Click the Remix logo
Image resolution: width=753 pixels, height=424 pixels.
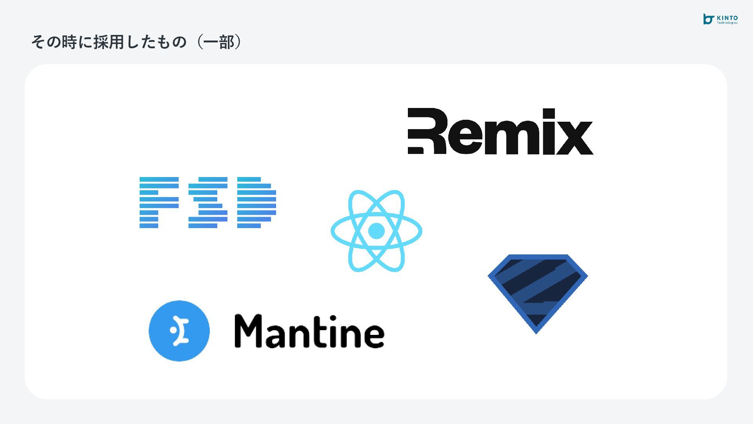pos(500,132)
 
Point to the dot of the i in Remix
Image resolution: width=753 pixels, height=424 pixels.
pos(549,113)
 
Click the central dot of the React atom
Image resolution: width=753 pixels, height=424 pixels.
pos(376,231)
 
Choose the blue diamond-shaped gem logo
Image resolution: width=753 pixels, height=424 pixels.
pos(537,291)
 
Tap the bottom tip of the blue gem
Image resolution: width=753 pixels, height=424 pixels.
pos(536,332)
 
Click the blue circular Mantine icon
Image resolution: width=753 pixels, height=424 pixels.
pos(179,331)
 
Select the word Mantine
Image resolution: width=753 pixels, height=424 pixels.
pos(309,332)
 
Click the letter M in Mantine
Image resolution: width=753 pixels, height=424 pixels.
pos(248,331)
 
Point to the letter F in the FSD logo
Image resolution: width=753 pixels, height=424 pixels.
pos(159,203)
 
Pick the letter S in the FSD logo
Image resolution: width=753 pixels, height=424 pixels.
pos(208,203)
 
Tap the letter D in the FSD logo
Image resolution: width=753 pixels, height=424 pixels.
pos(256,203)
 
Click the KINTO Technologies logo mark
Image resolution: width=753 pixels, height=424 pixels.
pos(708,19)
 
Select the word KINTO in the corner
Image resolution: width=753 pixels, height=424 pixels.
pos(727,18)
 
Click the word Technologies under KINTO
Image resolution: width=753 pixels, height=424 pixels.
pos(727,23)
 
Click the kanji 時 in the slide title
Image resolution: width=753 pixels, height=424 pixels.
pos(69,42)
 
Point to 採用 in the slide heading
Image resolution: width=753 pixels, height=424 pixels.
pos(109,42)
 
